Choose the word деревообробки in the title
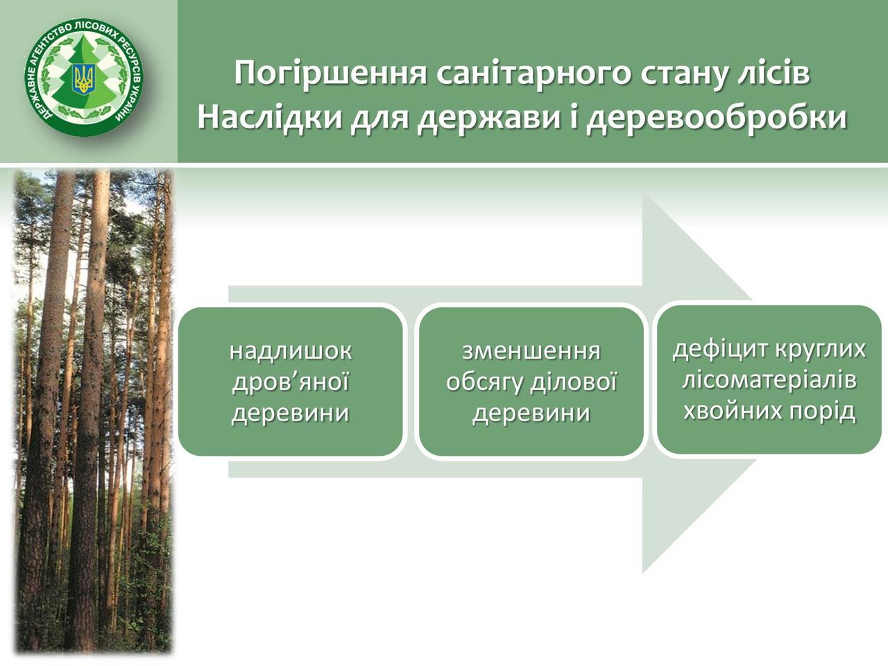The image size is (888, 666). point(717,118)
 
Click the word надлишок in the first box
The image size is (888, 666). point(291,352)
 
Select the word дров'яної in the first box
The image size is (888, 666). point(290,382)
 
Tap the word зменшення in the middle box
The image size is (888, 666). point(531,352)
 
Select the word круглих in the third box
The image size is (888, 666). point(820,350)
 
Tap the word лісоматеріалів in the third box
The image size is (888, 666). point(769,380)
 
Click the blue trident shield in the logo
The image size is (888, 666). point(84,79)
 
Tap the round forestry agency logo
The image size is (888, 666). point(84,77)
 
